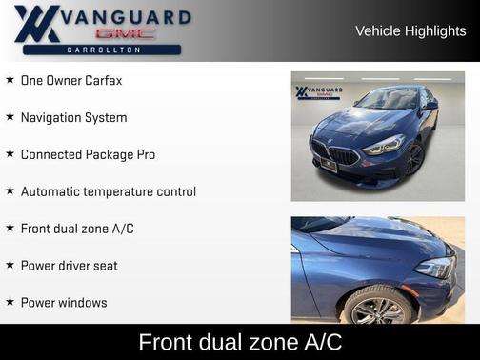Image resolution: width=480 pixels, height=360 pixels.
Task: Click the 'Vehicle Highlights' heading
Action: (410, 30)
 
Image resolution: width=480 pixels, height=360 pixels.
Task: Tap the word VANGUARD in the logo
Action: (127, 17)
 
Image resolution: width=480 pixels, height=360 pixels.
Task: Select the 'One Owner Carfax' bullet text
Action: (71, 81)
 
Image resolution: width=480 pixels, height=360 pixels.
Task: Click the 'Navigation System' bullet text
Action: (73, 118)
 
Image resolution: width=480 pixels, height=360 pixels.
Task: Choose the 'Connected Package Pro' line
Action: (88, 154)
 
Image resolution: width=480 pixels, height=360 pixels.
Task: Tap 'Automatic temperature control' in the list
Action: (108, 191)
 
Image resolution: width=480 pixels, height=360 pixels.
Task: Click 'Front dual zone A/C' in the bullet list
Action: (77, 229)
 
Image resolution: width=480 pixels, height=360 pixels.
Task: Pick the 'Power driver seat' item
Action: (69, 266)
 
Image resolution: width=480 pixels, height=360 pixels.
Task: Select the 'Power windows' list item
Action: (64, 303)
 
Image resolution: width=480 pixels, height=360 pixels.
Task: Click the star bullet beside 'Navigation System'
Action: (10, 117)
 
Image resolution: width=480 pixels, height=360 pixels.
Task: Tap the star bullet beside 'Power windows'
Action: (10, 302)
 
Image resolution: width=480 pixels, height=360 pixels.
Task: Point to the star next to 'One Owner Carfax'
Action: (10, 80)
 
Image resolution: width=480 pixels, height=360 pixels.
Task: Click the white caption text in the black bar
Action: (240, 342)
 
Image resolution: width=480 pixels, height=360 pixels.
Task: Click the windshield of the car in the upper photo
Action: (389, 99)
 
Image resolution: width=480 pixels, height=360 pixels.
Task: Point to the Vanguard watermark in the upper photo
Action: (315, 92)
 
